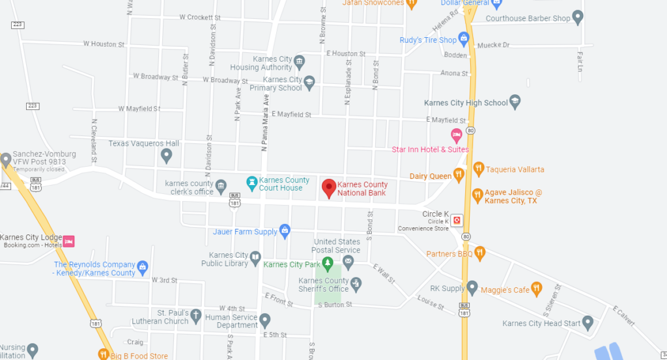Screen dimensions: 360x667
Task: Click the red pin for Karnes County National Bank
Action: pos(329,188)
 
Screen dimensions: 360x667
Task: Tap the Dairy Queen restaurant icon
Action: pos(459,174)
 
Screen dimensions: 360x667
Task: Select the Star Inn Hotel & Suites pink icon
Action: pos(457,135)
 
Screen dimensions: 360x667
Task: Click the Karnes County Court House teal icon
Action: pos(251,181)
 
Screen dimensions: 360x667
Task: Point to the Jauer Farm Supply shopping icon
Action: pos(284,230)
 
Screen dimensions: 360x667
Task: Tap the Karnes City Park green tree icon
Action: pos(328,264)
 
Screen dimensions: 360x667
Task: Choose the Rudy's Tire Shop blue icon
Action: pos(464,40)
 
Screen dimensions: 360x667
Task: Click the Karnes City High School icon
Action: pos(515,101)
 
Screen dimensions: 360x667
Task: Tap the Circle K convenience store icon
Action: pos(457,220)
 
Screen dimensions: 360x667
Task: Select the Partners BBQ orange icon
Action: pos(480,253)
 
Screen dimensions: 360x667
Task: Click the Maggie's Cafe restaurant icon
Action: pos(536,288)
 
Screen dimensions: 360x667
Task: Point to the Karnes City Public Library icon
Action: pos(255,257)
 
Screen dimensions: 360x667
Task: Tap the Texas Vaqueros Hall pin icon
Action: pos(167,155)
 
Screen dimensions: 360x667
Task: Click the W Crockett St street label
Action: pos(200,18)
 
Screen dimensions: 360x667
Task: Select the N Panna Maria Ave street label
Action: pos(265,124)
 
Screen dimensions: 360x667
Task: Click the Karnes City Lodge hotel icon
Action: pos(68,241)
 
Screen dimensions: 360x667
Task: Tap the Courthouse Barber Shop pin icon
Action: pos(577,17)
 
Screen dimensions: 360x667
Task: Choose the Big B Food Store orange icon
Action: pos(103,354)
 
